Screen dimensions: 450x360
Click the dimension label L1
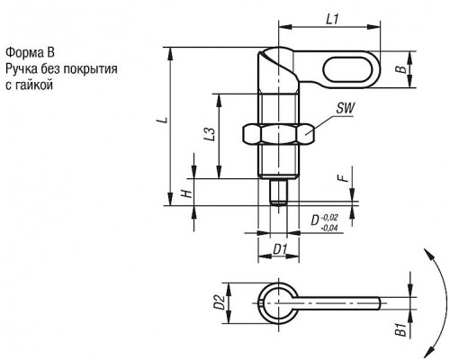pyautogui.click(x=332, y=20)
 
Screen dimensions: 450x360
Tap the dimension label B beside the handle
pyautogui.click(x=401, y=69)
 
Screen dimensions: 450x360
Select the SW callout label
pyautogui.click(x=346, y=108)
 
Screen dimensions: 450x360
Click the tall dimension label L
pyautogui.click(x=163, y=120)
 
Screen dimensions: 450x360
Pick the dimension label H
pyautogui.click(x=187, y=193)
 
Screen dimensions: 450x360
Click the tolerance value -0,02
pyautogui.click(x=329, y=218)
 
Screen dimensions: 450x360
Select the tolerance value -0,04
pyautogui.click(x=329, y=229)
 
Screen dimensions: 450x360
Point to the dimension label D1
pyautogui.click(x=280, y=249)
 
